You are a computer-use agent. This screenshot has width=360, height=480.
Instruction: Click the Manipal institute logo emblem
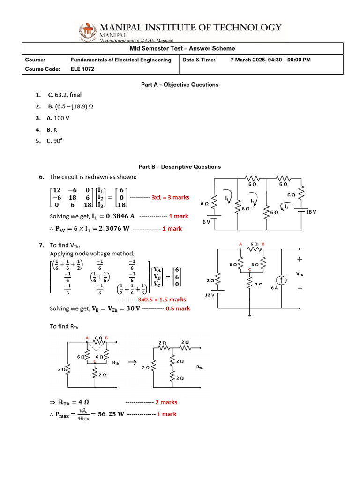point(87,31)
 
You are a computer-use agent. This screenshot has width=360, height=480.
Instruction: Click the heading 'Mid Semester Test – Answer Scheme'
point(182,48)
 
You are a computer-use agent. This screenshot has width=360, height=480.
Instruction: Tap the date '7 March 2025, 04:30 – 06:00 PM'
point(270,60)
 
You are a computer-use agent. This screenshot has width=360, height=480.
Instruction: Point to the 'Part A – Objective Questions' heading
point(180,85)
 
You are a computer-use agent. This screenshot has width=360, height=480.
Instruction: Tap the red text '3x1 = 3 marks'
point(170,197)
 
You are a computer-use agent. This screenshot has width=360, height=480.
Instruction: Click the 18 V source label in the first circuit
point(311,212)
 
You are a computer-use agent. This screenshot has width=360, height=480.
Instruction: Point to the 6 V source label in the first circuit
point(206,222)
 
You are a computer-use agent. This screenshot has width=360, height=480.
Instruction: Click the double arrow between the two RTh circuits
point(132,362)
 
